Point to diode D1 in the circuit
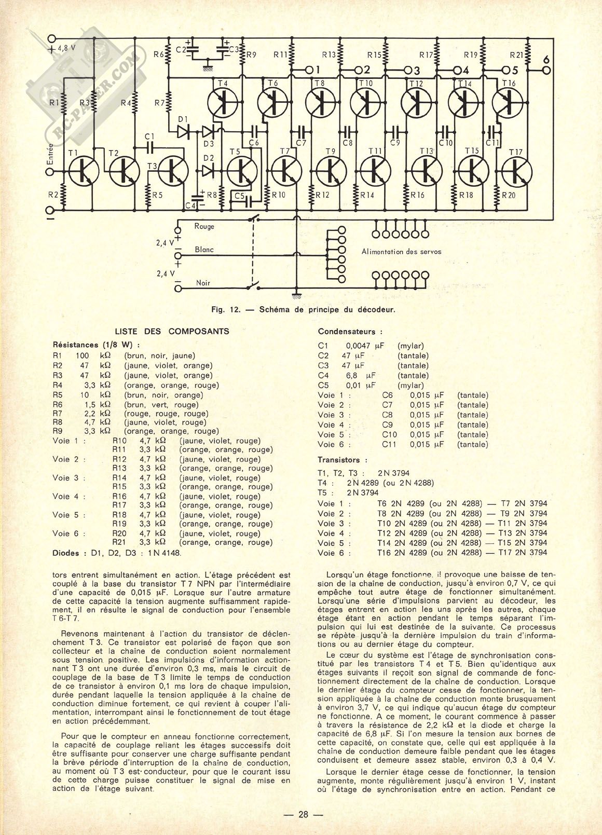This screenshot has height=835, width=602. point(183,132)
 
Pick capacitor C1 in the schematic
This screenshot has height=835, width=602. point(150,147)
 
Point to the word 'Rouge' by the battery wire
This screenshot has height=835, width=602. point(204,226)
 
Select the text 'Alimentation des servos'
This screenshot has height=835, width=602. point(401,252)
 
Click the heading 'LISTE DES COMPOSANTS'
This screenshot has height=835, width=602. point(172,332)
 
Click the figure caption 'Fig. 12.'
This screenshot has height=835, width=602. point(226,310)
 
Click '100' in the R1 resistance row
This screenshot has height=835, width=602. point(83,356)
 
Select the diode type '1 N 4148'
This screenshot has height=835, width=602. point(163,553)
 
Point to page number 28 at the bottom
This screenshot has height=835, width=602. point(303,814)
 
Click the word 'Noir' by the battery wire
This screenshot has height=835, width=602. point(203,283)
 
